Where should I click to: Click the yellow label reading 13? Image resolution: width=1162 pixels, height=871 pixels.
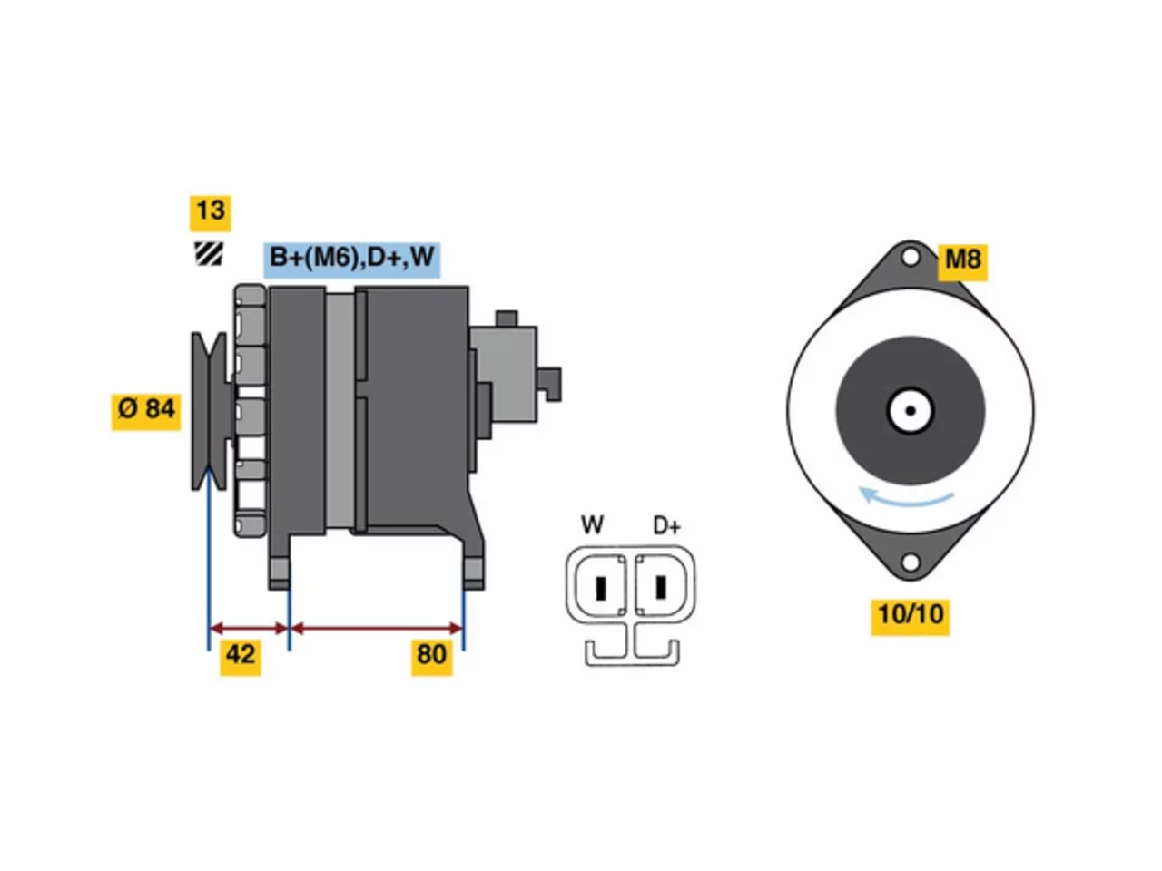point(211,213)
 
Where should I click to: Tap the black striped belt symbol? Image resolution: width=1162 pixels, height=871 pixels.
point(209,254)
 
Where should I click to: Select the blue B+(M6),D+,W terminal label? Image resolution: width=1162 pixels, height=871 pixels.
point(351,259)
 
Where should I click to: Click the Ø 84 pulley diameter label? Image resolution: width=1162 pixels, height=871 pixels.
point(145,412)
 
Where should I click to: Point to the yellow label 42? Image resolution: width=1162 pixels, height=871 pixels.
point(241,658)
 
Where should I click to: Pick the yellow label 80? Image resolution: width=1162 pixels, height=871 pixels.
point(431,658)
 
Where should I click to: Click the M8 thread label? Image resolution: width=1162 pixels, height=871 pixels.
point(962,262)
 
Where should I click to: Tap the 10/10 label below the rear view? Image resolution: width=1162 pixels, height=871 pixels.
point(911,617)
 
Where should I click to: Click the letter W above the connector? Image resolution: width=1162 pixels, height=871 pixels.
point(592,525)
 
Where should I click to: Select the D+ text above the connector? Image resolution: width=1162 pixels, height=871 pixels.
point(666,526)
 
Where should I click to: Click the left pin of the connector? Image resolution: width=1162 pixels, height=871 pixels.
point(601,588)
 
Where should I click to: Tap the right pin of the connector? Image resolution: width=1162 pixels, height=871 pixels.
point(661,587)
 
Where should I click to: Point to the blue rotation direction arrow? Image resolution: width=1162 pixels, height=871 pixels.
point(904,499)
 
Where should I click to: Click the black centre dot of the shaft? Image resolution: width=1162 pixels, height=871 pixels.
point(911,411)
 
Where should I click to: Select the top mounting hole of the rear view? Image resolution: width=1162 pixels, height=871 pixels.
point(911,258)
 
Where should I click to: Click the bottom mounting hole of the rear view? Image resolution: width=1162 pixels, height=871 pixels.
point(911,563)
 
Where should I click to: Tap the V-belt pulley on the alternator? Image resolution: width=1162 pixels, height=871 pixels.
point(209,411)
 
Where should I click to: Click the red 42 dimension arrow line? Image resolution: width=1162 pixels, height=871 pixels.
point(249,629)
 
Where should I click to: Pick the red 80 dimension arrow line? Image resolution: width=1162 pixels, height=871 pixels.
point(377,629)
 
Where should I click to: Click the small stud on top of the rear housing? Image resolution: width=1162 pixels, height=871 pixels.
point(507,318)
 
